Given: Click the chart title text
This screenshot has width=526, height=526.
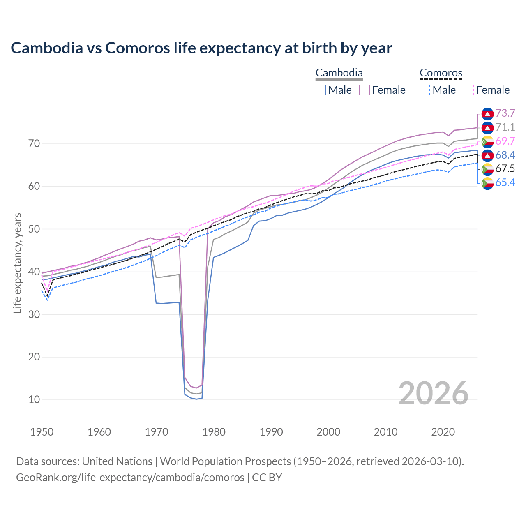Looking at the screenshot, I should pos(201,48).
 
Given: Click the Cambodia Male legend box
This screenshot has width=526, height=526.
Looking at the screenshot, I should pos(321,90).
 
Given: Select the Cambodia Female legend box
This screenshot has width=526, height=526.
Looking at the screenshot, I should pos(365,90).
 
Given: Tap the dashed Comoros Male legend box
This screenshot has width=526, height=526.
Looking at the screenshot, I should pos(425,90).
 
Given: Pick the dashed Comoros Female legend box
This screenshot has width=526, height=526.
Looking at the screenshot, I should pos(469,90).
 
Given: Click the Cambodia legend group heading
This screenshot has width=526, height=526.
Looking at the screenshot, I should pos(339,73).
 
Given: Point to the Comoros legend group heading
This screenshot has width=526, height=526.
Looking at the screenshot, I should pos(441,73).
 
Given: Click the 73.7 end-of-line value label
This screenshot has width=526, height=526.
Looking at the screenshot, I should pos(505,113).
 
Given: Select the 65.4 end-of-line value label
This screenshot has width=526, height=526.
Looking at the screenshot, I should pos(505,182).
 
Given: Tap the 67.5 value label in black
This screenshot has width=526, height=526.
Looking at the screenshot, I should pos(505,168).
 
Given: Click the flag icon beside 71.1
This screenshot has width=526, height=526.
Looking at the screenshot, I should pos(487,127).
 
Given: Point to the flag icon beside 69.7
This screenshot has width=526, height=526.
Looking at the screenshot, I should pos(487,141).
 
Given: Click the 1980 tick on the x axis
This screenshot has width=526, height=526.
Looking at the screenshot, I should pos(214,432).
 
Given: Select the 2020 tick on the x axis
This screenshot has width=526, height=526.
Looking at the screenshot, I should pos(443,432).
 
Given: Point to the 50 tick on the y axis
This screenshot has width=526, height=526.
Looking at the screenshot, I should pos(34,229).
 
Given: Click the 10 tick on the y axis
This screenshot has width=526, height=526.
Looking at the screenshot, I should pos(34,399).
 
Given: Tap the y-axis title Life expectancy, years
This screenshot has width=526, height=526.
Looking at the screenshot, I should pos(17,263).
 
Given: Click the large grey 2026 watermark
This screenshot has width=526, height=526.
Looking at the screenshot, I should pos(434,393).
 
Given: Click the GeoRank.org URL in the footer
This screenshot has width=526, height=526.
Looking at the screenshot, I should pos(130,478).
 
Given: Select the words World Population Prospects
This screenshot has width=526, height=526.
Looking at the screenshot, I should pos(225,461).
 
